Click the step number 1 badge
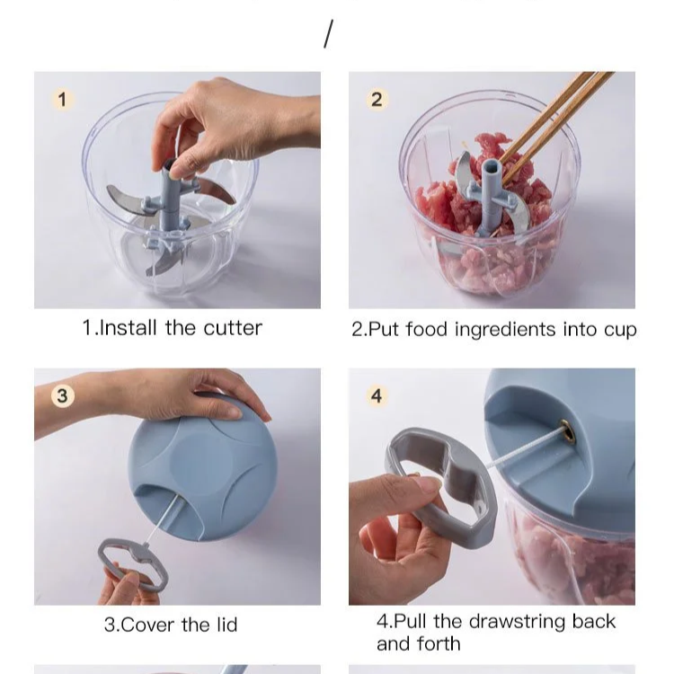pos(61,99)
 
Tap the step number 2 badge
pos(377,99)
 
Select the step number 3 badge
pos(61,395)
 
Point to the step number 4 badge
pos(377,395)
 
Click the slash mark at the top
pos(328,34)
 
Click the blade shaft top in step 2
pos(491,169)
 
